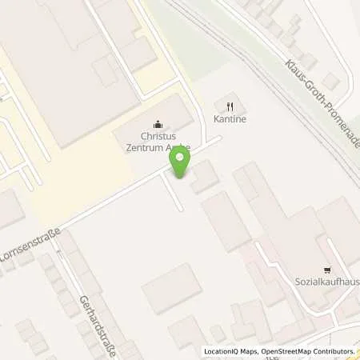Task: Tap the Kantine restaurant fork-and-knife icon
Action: (230, 106)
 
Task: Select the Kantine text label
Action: (230, 119)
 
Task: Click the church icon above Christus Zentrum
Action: (158, 124)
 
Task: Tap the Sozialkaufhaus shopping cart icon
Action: (326, 270)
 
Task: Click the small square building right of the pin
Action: (205, 176)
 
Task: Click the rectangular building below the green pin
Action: (172, 287)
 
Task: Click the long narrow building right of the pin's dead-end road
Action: (226, 221)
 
